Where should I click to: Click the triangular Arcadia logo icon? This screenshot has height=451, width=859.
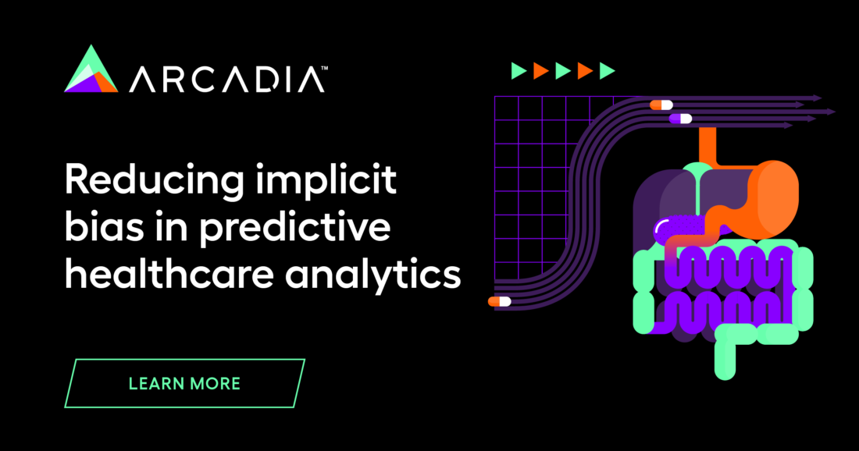[91, 70]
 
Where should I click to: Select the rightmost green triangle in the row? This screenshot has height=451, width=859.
[607, 72]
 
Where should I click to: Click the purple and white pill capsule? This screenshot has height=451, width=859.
[680, 119]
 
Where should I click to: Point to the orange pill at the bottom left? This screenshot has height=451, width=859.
[499, 301]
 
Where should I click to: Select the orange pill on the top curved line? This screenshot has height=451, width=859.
[661, 105]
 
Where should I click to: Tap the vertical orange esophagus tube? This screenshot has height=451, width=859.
[708, 144]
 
